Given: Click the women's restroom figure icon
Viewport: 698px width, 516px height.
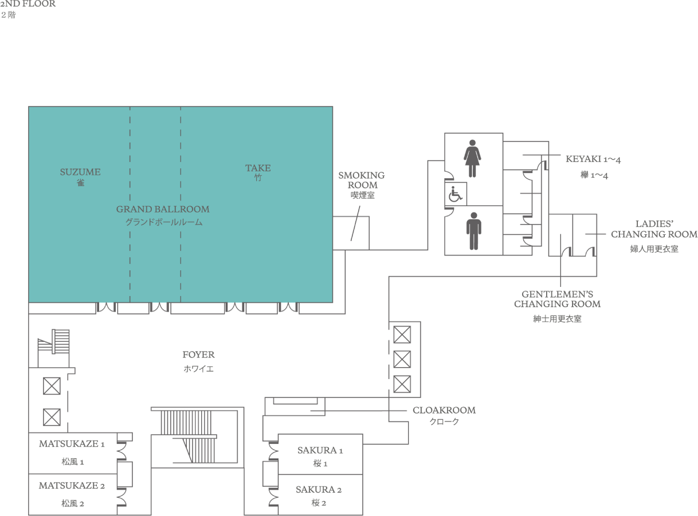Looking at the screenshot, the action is pyautogui.click(x=472, y=158).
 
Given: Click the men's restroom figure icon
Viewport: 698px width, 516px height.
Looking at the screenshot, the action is pyautogui.click(x=473, y=231).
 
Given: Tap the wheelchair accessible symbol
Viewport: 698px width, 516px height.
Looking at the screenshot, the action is pyautogui.click(x=455, y=194).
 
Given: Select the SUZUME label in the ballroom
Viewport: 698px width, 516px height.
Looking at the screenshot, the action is pyautogui.click(x=80, y=172).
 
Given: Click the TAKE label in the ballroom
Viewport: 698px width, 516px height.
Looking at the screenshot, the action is pyautogui.click(x=258, y=168).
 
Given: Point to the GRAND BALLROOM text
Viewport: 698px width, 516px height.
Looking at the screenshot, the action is pyautogui.click(x=163, y=209).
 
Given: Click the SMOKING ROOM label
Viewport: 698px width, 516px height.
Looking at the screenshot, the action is pyautogui.click(x=362, y=180).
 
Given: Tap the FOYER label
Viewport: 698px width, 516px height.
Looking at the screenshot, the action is pyautogui.click(x=199, y=354).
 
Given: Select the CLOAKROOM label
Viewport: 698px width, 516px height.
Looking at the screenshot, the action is pyautogui.click(x=444, y=410).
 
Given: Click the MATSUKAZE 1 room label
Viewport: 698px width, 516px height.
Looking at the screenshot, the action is pyautogui.click(x=72, y=444).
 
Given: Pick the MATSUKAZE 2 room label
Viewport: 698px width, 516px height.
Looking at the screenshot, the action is pyautogui.click(x=72, y=486).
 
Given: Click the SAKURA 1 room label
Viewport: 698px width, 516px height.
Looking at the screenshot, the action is pyautogui.click(x=320, y=450).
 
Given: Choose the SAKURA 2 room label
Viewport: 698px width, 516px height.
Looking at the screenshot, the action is pyautogui.click(x=319, y=490).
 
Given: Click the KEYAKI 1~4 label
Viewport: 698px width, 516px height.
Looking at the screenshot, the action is pyautogui.click(x=593, y=159).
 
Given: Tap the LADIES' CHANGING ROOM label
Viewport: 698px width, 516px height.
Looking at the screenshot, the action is pyautogui.click(x=654, y=229).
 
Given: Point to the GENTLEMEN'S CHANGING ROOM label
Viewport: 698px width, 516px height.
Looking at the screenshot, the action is pyautogui.click(x=558, y=299).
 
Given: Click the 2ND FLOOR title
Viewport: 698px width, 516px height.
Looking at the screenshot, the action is pyautogui.click(x=28, y=4).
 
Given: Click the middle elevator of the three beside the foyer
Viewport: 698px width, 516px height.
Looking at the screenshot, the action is pyautogui.click(x=402, y=359).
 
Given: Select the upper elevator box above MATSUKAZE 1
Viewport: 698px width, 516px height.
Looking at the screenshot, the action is pyautogui.click(x=52, y=386).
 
